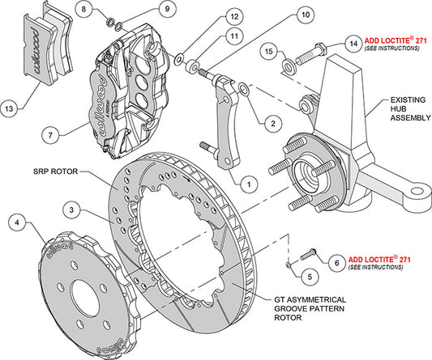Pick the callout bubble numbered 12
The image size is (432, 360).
point(209,16)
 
